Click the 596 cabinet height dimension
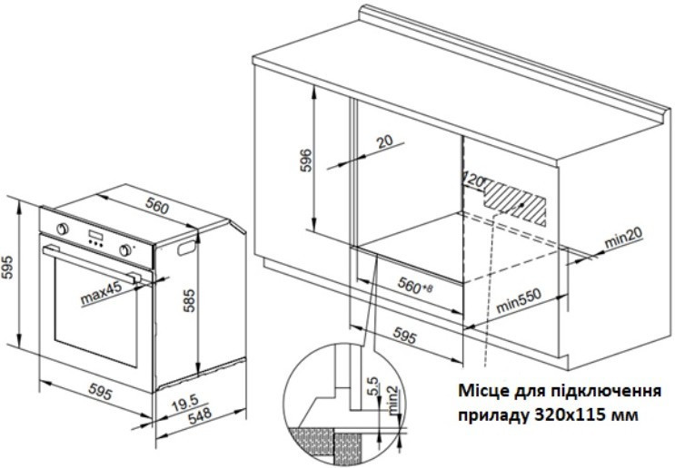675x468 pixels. (x=305, y=161)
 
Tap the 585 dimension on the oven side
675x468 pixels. (x=189, y=300)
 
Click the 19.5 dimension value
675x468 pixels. (x=185, y=403)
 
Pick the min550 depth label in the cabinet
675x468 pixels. (x=519, y=300)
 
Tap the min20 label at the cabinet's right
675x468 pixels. (x=624, y=237)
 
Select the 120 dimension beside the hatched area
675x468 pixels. (x=474, y=180)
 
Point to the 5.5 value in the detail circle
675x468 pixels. (x=372, y=386)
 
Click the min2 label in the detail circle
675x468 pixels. (x=394, y=401)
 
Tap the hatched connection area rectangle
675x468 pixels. (x=515, y=203)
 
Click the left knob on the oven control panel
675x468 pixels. (x=63, y=229)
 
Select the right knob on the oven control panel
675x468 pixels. (x=125, y=250)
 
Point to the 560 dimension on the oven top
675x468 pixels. (x=156, y=207)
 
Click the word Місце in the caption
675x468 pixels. (x=484, y=391)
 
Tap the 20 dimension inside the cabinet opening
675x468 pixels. (x=385, y=142)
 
